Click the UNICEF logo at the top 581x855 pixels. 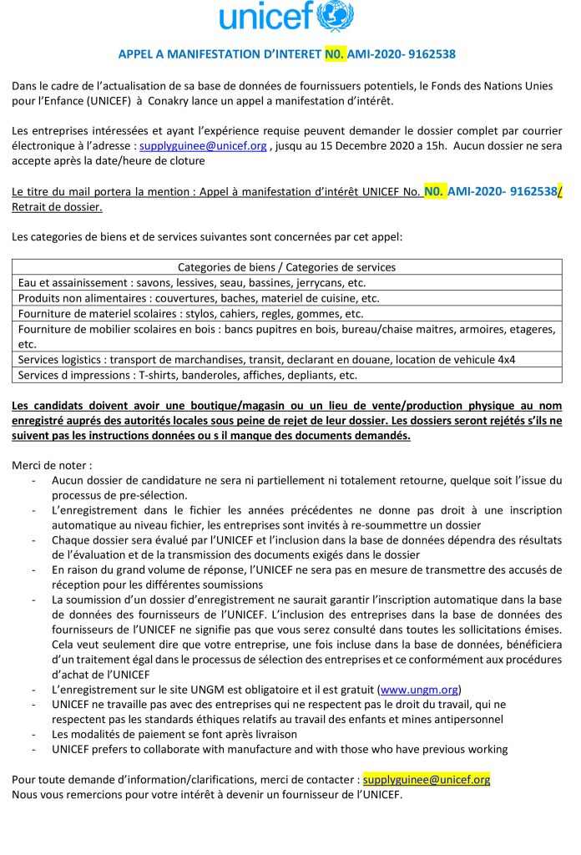(x=286, y=17)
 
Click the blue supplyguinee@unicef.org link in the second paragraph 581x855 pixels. (x=203, y=145)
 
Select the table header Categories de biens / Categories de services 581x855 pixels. (x=286, y=267)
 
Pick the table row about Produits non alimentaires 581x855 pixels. (x=199, y=298)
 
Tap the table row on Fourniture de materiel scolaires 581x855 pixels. (x=190, y=314)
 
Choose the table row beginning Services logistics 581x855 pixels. (x=266, y=359)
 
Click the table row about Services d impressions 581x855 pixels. (x=187, y=375)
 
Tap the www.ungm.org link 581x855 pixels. (x=419, y=690)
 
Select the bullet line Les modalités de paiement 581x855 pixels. (x=174, y=734)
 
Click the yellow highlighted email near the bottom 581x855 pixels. (x=427, y=779)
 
